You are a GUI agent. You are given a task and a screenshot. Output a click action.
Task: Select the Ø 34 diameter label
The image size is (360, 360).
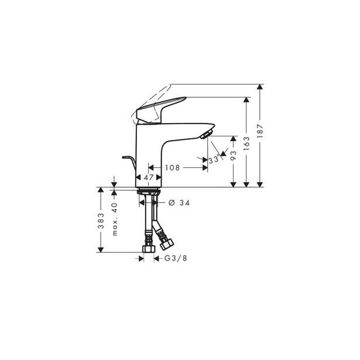(179, 203)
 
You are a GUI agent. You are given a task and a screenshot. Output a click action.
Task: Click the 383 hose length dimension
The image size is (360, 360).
(101, 220)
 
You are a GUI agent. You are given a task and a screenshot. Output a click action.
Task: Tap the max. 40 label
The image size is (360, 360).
(115, 217)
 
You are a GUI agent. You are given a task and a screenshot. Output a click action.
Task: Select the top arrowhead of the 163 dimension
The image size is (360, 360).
(246, 100)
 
